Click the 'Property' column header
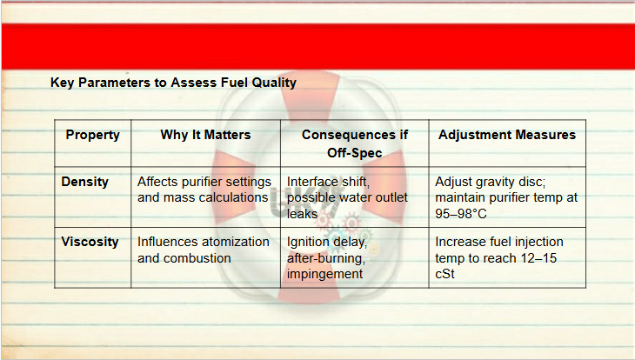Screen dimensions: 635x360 click(x=93, y=135)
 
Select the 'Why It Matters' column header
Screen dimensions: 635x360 click(x=206, y=135)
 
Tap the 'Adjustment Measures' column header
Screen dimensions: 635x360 click(x=507, y=135)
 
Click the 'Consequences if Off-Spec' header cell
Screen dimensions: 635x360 click(x=355, y=143)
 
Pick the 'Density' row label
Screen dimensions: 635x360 click(x=84, y=182)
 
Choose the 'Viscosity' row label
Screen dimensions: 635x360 click(x=90, y=242)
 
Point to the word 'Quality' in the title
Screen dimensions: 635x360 click(x=274, y=83)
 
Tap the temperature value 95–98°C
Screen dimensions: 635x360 click(x=461, y=213)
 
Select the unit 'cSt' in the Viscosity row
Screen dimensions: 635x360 click(x=444, y=274)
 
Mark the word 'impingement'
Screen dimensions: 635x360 click(x=324, y=274)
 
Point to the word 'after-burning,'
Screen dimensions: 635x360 click(x=326, y=258)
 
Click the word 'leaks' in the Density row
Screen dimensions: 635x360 click(x=302, y=213)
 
